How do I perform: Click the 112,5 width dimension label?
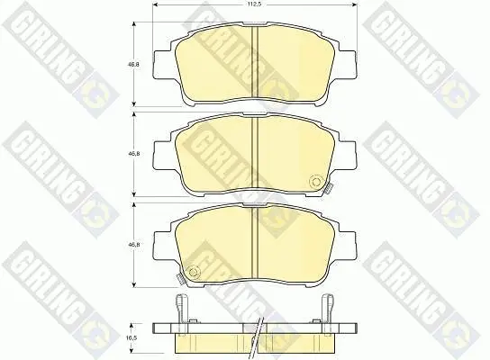(255, 4)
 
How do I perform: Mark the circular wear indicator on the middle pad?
(315, 182)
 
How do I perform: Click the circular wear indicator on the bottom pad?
(195, 271)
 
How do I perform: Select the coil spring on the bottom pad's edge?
(180, 277)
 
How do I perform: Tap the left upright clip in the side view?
(181, 314)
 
